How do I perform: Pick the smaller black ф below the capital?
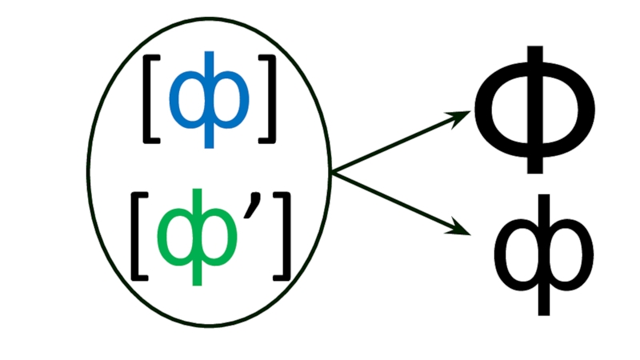(544, 252)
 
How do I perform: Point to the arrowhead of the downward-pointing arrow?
(462, 231)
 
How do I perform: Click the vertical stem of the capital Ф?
(535, 160)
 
